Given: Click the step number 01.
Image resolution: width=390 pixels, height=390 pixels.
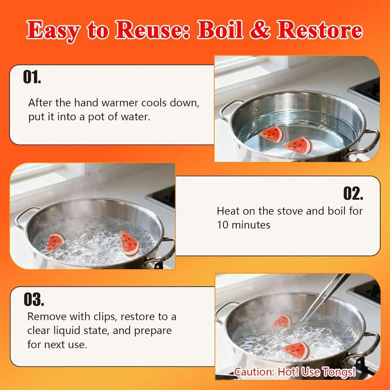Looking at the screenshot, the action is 32,77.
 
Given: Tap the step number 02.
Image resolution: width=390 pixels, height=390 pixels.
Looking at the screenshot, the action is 353,193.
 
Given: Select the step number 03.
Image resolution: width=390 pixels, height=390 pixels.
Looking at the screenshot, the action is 34,299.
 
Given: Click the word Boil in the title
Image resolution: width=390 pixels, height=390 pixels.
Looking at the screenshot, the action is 220,30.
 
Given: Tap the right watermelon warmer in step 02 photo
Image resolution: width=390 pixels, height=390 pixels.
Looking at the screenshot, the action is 129,243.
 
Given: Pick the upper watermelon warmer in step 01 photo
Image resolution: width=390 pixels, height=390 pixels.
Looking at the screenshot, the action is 272,134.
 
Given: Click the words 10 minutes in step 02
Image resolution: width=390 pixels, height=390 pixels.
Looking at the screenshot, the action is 243,225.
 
